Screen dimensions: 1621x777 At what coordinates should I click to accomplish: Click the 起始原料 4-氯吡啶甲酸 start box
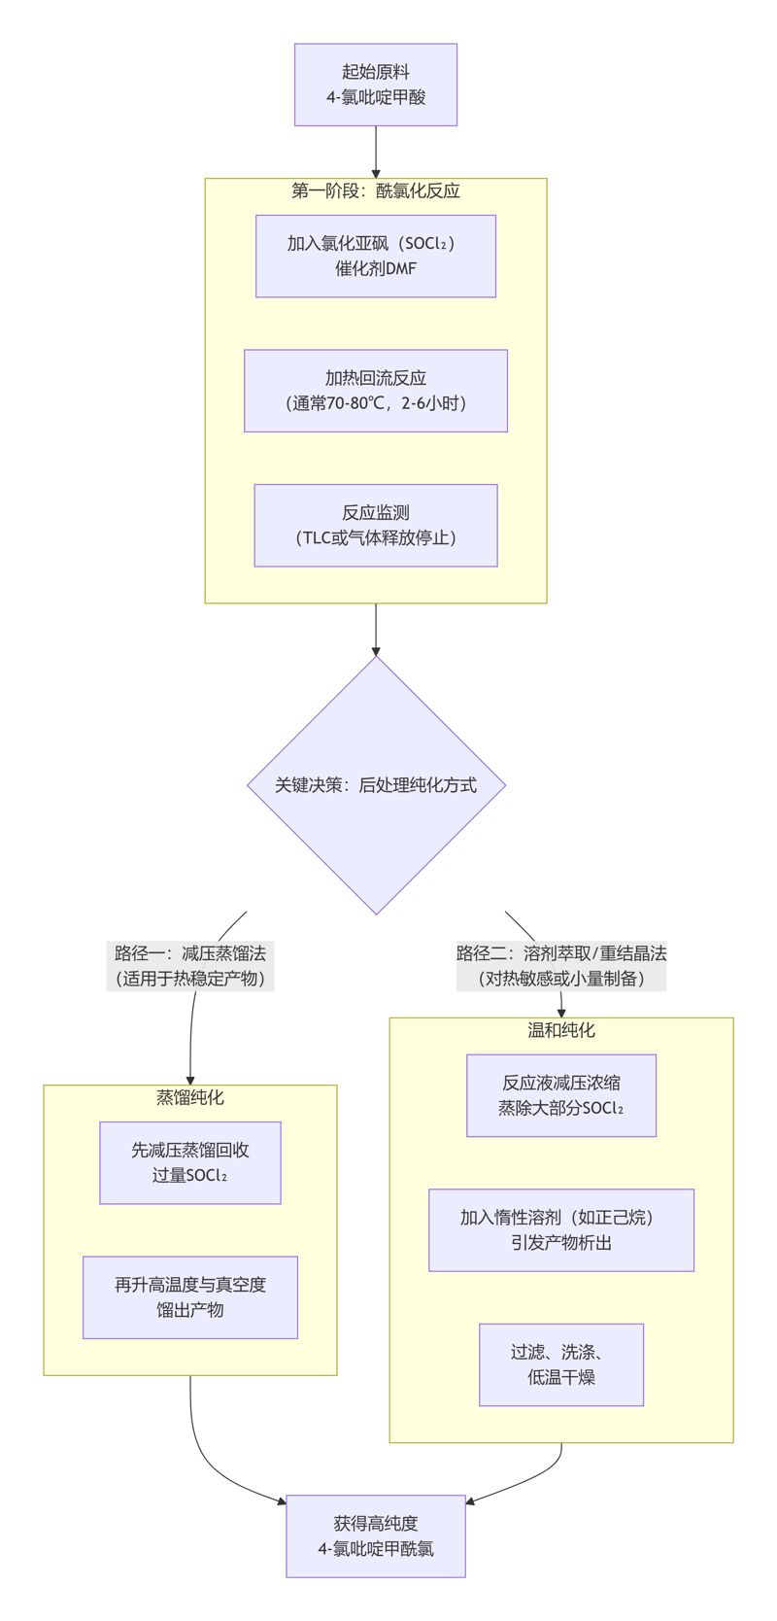click(376, 85)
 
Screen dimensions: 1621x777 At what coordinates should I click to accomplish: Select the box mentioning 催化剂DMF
click(376, 256)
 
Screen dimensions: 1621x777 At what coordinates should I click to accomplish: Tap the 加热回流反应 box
click(376, 391)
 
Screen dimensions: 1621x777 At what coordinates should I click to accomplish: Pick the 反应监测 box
click(376, 525)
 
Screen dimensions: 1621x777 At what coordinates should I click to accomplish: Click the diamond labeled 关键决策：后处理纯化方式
click(376, 785)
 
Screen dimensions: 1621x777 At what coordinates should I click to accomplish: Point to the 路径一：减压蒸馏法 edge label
click(190, 965)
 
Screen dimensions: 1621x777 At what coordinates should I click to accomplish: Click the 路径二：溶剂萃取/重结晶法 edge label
click(561, 965)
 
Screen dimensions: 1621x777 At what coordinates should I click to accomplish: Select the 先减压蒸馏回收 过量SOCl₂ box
click(190, 1162)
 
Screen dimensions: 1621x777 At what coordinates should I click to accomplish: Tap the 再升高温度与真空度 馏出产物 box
click(190, 1297)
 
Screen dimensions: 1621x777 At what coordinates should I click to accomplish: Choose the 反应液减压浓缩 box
click(561, 1095)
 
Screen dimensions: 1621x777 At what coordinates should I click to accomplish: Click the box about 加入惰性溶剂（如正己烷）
click(561, 1229)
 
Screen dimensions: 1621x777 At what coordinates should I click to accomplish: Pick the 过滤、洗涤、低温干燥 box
click(561, 1364)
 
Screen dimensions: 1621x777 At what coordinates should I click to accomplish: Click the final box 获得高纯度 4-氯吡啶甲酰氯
click(376, 1535)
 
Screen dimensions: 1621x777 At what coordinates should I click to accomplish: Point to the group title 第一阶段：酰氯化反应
click(376, 190)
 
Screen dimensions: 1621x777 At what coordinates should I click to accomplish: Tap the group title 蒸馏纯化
click(190, 1097)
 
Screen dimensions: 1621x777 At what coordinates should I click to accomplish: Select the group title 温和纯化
click(561, 1030)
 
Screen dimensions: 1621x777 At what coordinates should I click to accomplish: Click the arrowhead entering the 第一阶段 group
click(376, 173)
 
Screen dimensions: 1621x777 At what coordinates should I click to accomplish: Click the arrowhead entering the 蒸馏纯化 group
click(190, 1080)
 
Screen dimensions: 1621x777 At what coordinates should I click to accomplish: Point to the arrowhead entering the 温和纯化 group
click(561, 1013)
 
